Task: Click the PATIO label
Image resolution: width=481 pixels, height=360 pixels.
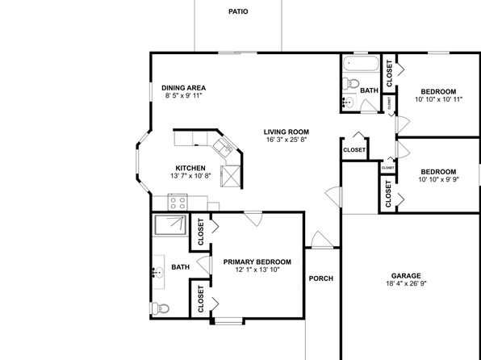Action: (x=238, y=11)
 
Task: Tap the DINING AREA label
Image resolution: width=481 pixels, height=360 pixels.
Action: (x=183, y=88)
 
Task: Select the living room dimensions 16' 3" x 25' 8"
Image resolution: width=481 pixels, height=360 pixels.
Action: (x=287, y=140)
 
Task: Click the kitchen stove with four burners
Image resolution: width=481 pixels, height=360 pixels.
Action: (x=178, y=203)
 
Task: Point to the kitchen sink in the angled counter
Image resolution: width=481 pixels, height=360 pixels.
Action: (x=224, y=146)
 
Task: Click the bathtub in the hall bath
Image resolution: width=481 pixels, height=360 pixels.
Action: (x=361, y=63)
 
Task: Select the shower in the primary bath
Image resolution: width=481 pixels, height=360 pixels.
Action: (x=170, y=225)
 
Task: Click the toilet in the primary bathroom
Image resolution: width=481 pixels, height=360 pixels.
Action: (x=161, y=308)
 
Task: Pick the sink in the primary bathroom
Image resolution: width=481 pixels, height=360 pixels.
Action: (x=158, y=272)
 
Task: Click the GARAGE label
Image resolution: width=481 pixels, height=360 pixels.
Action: (x=406, y=276)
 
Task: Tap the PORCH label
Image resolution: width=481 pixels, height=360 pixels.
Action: (x=321, y=278)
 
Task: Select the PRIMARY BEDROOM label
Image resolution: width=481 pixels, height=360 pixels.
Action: (x=257, y=262)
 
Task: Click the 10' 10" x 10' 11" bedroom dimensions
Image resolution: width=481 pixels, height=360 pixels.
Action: (x=438, y=99)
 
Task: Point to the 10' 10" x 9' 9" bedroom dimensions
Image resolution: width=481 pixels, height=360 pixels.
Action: (x=438, y=179)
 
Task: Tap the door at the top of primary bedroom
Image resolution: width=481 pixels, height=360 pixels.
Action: (x=253, y=219)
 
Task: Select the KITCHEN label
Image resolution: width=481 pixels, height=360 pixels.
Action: (x=190, y=168)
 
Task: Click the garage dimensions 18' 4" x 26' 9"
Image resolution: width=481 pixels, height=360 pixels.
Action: (x=406, y=283)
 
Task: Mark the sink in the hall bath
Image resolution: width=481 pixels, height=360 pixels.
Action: (x=349, y=101)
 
